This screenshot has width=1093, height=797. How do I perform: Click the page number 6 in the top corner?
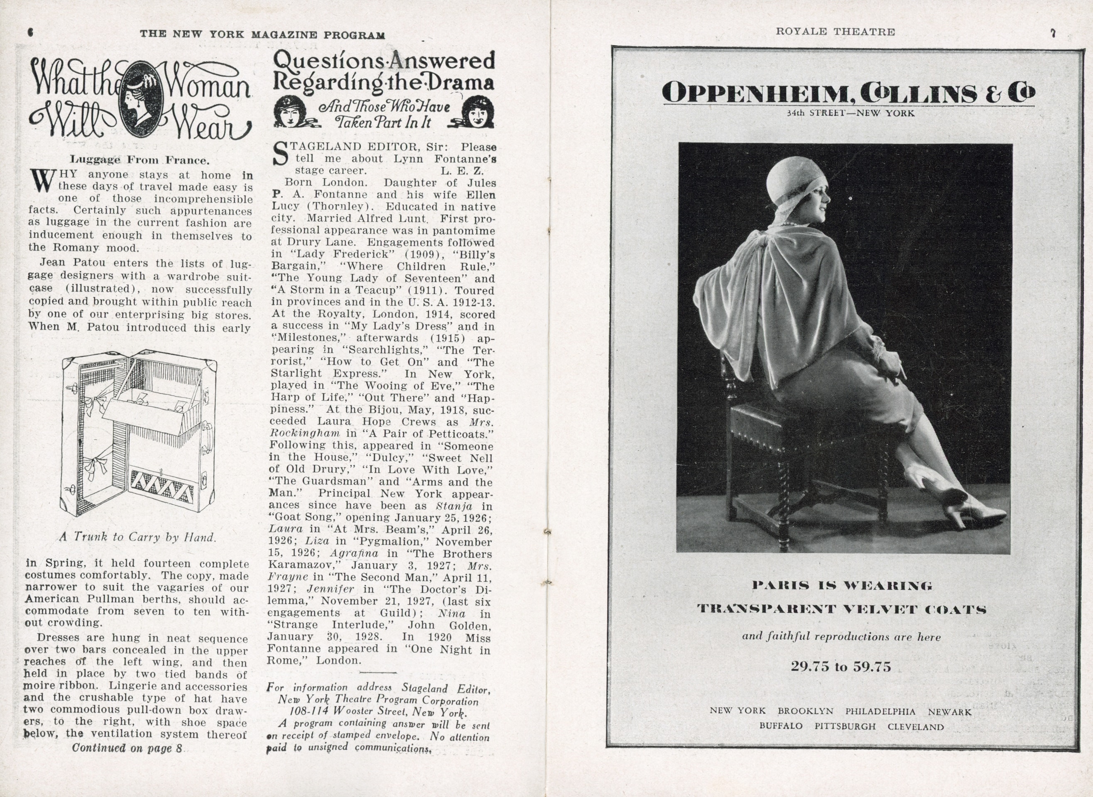pyautogui.click(x=30, y=32)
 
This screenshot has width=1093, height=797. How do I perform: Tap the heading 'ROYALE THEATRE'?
pyautogui.click(x=835, y=32)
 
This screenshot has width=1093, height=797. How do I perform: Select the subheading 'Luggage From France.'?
pyautogui.click(x=140, y=160)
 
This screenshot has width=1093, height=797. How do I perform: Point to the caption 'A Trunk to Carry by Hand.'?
pyautogui.click(x=137, y=537)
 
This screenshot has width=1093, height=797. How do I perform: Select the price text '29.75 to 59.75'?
pyautogui.click(x=841, y=667)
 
